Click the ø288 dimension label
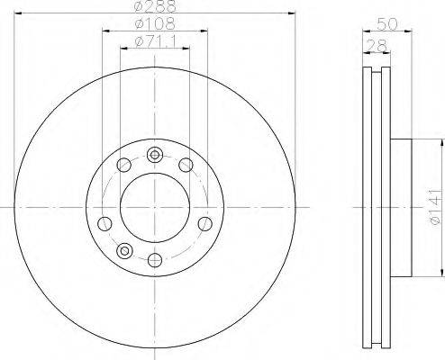tap(155, 6)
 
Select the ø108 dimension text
tap(155, 23)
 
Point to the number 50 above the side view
tap(387, 24)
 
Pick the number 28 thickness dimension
tap(377, 46)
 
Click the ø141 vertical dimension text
tap(435, 207)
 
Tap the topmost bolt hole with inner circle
tap(155, 155)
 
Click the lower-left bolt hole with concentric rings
tap(124, 250)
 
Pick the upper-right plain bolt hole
tap(186, 165)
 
